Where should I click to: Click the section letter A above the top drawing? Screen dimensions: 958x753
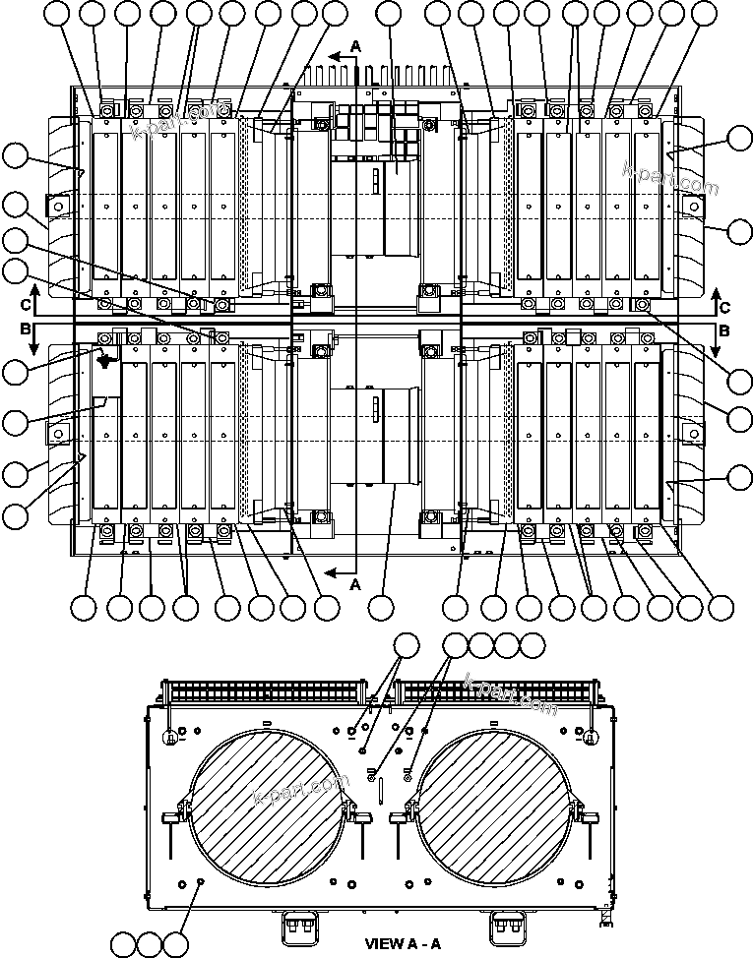tap(357, 45)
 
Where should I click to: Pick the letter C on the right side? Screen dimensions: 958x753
tap(724, 306)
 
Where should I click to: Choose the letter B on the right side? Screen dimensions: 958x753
tap(724, 331)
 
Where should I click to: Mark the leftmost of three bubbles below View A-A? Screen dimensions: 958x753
tap(122, 944)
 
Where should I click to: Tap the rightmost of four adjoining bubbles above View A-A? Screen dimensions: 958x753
tap(532, 646)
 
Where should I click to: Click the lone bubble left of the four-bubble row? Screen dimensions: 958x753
tap(406, 646)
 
